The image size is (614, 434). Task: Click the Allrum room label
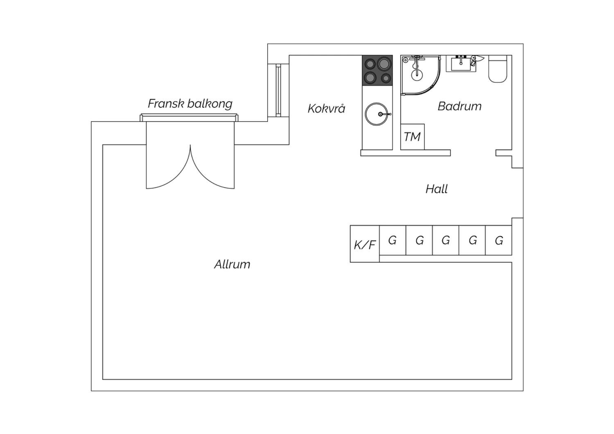coord(232,264)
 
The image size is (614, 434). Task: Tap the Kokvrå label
coord(326,108)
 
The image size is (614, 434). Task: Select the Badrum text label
coord(459,106)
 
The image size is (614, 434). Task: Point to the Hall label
coord(437,189)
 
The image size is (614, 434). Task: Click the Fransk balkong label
coord(190,104)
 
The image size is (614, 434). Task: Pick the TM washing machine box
coord(413,137)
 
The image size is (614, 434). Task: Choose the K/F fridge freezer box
coord(365,244)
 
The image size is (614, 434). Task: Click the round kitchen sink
coord(377,114)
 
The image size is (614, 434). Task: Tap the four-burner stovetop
coord(377,70)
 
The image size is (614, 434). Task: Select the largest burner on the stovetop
coord(384,64)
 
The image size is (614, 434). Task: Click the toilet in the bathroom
coord(498,69)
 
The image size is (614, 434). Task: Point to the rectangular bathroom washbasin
coord(461,63)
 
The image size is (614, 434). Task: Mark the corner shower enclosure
coord(420,75)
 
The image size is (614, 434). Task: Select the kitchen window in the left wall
coord(278,90)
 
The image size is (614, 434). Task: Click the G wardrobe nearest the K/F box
coord(393,240)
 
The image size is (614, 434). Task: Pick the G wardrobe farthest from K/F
coord(499,240)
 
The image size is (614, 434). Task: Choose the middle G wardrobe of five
coord(446,240)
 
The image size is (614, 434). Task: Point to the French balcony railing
coord(189,118)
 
